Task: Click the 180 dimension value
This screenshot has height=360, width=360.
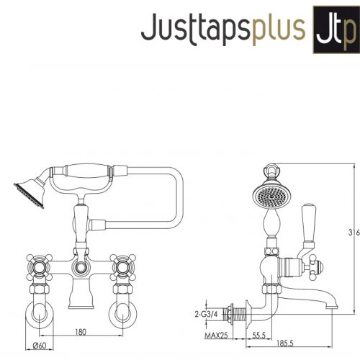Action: [81, 332]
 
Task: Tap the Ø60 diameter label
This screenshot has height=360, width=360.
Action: [40, 346]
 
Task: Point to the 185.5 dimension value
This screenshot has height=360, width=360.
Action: [285, 343]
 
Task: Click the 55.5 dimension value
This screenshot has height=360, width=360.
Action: [258, 336]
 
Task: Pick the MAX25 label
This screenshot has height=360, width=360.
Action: [216, 336]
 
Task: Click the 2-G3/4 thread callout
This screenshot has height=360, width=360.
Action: [206, 314]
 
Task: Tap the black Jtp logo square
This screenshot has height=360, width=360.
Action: [336, 30]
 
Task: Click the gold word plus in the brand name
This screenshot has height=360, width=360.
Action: [279, 29]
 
